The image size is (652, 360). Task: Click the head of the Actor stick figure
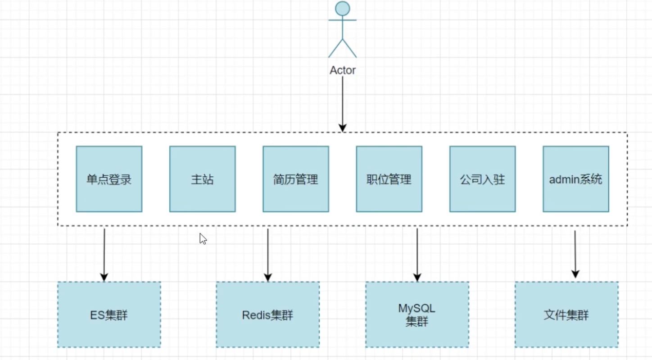pos(342,8)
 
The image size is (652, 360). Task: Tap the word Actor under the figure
pos(343,70)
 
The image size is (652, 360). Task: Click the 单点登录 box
pos(109,179)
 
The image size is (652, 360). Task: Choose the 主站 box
pos(202,179)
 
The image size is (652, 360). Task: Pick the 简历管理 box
pos(295,179)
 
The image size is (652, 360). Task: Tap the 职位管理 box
pos(389,179)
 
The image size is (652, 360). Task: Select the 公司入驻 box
pos(482,179)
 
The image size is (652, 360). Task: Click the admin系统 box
pos(575,179)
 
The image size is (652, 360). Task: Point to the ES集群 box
pos(109,315)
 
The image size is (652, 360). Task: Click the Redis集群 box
pos(267,315)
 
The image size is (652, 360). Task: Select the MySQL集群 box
pos(417,315)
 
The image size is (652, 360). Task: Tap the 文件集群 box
pos(566,315)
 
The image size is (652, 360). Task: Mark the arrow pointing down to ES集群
pos(104,254)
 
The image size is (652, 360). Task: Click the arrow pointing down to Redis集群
pos(268,254)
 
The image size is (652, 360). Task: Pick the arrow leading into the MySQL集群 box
pos(417,254)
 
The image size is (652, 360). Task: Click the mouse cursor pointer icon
pos(203,238)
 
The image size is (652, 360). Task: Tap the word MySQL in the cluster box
pos(417,309)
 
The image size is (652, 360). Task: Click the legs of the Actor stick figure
pos(342,48)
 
